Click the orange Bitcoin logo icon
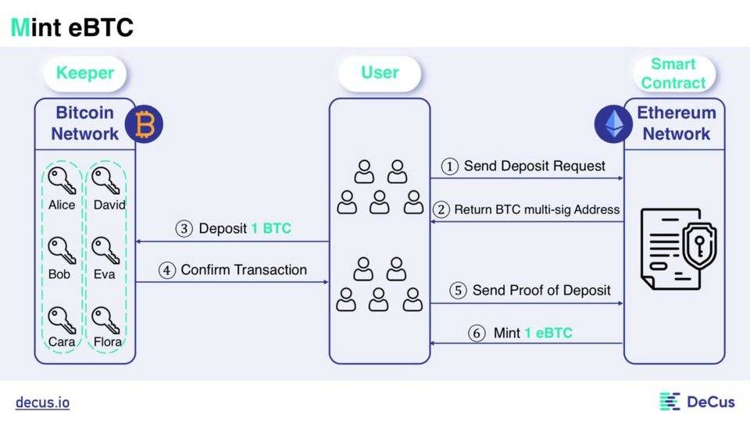tap(143, 124)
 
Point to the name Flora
tap(109, 342)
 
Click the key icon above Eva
tap(105, 251)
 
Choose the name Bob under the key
tap(59, 274)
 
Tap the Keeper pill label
tap(84, 73)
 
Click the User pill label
tap(380, 73)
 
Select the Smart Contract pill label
tap(673, 73)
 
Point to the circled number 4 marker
tap(167, 270)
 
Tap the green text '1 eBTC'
tap(548, 333)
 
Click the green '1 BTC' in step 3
tap(270, 229)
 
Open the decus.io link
tap(42, 402)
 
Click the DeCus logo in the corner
tap(697, 402)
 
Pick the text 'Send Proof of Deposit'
tap(541, 291)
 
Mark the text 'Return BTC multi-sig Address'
tap(537, 209)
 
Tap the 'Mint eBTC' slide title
tap(72, 28)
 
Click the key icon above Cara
tap(60, 319)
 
